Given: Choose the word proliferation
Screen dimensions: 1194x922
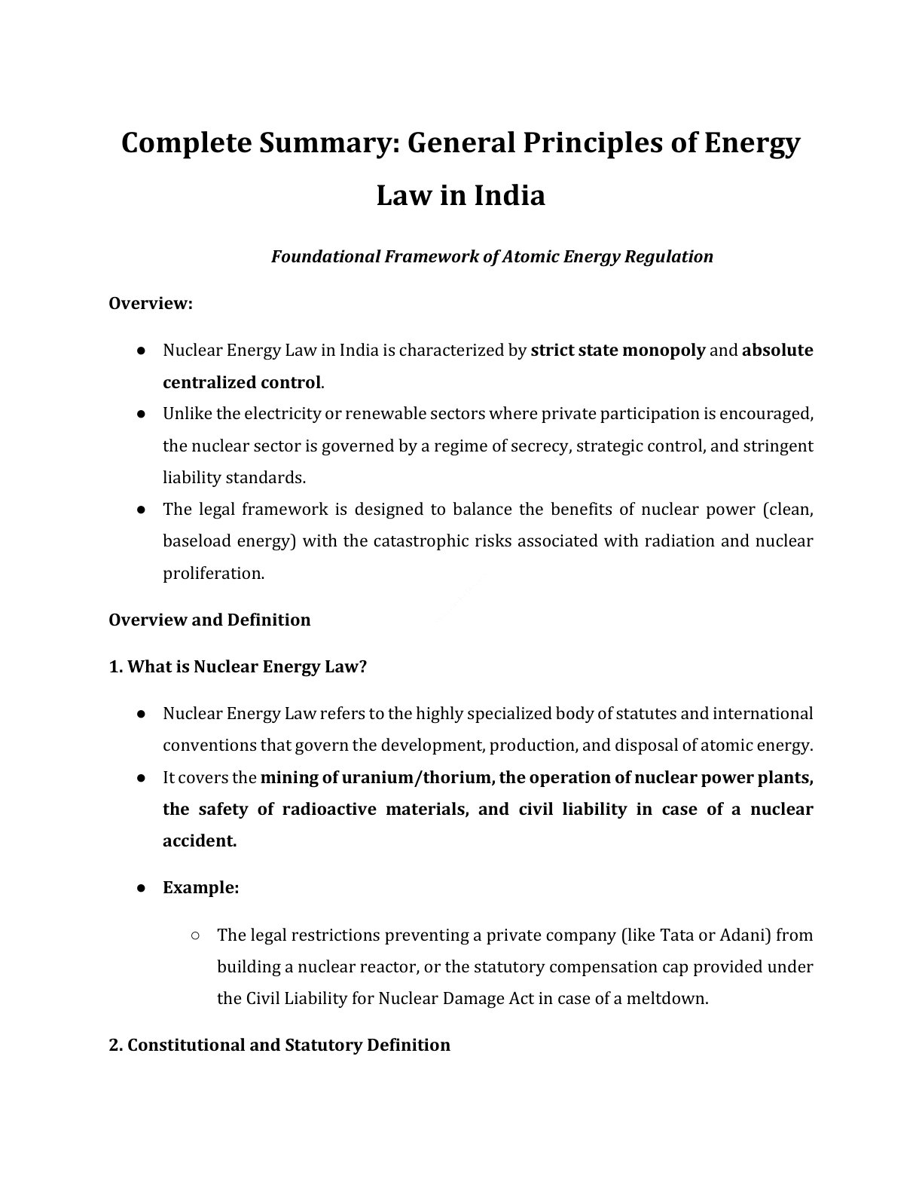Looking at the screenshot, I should tap(213, 573).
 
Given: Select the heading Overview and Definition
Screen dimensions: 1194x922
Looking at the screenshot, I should tap(209, 620).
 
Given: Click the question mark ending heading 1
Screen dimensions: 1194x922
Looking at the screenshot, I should tap(362, 666).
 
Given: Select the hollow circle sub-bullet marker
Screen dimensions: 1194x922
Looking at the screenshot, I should tap(195, 935).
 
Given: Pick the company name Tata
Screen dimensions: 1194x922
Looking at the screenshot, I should tap(677, 935).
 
